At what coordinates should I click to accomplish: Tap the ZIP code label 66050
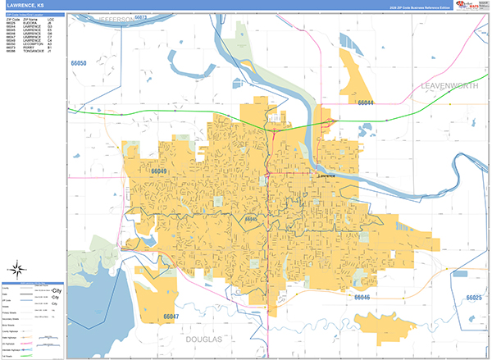pos(80,62)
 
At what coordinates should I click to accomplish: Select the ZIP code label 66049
pos(160,171)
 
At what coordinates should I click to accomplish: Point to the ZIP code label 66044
pos(366,103)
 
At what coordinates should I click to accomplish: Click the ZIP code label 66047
pos(171,316)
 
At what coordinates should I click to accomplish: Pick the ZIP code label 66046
pos(362,297)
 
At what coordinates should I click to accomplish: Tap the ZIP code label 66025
pos(474,298)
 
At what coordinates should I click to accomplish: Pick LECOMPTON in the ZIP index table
pos(34,50)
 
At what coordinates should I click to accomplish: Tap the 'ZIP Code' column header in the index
pos(12,21)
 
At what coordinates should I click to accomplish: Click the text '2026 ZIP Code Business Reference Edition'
pos(418,7)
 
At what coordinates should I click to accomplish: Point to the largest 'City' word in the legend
pos(57,290)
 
